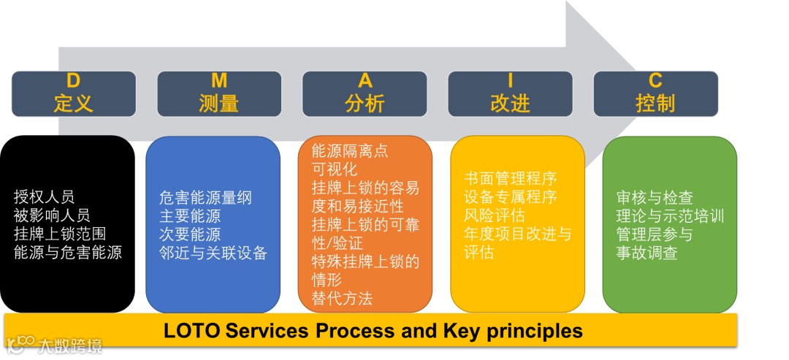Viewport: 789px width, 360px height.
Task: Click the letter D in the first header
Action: [x=73, y=80]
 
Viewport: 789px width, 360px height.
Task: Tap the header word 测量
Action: [x=218, y=103]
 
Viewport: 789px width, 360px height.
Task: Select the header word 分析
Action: [x=364, y=103]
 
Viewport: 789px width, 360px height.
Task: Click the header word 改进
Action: [x=510, y=103]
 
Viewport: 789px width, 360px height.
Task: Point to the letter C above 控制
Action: [x=655, y=80]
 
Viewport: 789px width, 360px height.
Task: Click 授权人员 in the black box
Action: [x=44, y=196]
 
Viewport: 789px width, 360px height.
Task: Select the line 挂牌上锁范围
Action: [x=59, y=234]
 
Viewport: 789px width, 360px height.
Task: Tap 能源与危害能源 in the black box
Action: [x=67, y=253]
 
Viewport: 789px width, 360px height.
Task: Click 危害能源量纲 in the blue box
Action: [x=205, y=197]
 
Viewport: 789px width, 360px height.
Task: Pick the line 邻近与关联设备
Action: [x=213, y=253]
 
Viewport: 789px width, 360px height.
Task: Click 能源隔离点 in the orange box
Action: [x=350, y=151]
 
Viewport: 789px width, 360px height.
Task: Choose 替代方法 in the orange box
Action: [x=342, y=298]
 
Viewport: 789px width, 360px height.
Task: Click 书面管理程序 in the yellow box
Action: [x=511, y=178]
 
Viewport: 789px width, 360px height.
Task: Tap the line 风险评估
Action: [x=495, y=215]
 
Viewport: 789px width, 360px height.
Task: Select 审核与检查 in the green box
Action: [x=655, y=197]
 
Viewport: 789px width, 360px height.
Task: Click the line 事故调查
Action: [x=647, y=253]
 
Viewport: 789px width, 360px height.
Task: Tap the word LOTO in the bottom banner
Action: [x=191, y=331]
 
